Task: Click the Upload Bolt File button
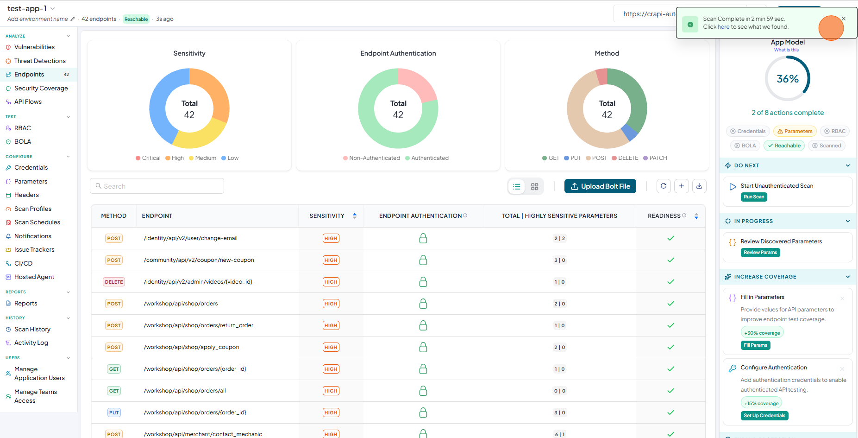click(600, 186)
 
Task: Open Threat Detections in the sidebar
click(40, 61)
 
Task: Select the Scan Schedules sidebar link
click(37, 222)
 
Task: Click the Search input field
click(157, 186)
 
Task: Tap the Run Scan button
click(754, 197)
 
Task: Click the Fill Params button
click(755, 345)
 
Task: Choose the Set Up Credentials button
click(764, 416)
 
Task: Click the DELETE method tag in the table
click(114, 282)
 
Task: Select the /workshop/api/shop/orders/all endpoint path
click(185, 391)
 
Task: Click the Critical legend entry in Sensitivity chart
click(148, 158)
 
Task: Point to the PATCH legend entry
click(655, 158)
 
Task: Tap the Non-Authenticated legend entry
click(371, 158)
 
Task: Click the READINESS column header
click(664, 216)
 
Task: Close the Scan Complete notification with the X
click(844, 19)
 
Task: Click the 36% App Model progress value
click(788, 79)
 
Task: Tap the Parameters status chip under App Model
click(795, 131)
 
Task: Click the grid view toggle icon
click(534, 186)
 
